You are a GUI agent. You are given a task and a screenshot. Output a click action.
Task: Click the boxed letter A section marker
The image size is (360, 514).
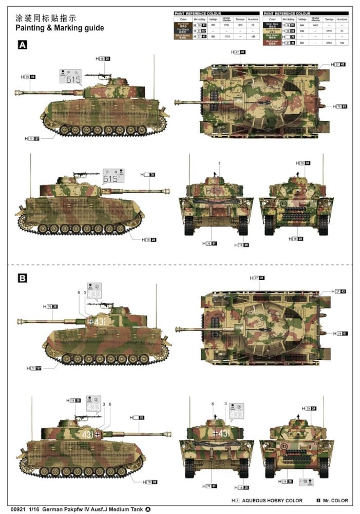coord(23,45)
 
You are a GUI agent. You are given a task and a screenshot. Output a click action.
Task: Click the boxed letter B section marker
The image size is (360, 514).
coord(23,278)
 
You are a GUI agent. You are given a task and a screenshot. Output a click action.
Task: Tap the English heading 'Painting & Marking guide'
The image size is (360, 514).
coord(60,27)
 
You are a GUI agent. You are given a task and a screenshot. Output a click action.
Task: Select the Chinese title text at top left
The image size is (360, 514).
coord(46,16)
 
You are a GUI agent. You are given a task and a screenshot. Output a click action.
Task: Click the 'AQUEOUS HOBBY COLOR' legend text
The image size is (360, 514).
coord(272,500)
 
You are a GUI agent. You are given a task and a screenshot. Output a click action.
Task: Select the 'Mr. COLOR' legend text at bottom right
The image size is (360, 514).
coord(335,500)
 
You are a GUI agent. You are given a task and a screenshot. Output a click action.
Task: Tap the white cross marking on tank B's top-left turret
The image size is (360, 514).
coord(91,321)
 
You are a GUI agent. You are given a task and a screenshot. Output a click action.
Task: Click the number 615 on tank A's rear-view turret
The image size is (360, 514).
coord(213,191)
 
